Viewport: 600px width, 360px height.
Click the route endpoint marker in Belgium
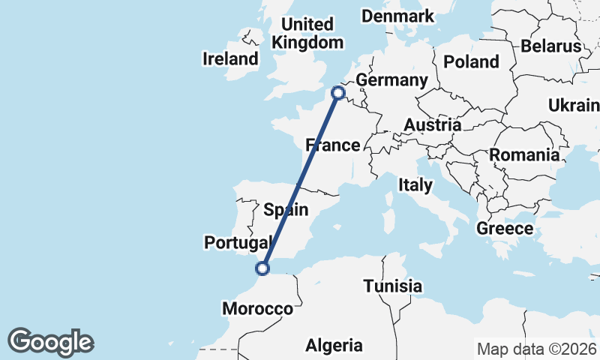click(x=338, y=93)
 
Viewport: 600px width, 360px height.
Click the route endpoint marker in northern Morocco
click(x=262, y=267)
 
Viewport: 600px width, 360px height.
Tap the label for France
click(x=333, y=145)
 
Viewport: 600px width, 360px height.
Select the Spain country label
click(x=286, y=208)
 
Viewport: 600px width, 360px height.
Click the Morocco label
click(x=258, y=308)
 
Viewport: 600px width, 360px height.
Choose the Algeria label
click(x=334, y=346)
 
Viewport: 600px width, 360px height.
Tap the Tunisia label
click(x=392, y=286)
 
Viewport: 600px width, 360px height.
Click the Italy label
click(x=415, y=184)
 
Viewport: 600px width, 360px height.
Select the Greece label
click(x=505, y=229)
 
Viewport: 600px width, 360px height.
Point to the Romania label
click(x=524, y=155)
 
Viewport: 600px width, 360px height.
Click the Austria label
click(x=432, y=124)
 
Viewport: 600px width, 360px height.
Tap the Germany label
click(x=391, y=80)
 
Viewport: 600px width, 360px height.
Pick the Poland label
click(x=471, y=61)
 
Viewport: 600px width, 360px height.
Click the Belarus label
click(x=551, y=46)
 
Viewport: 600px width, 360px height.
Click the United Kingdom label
click(x=307, y=33)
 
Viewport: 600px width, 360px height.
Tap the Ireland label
click(x=231, y=58)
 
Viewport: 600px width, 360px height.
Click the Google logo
click(x=50, y=342)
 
